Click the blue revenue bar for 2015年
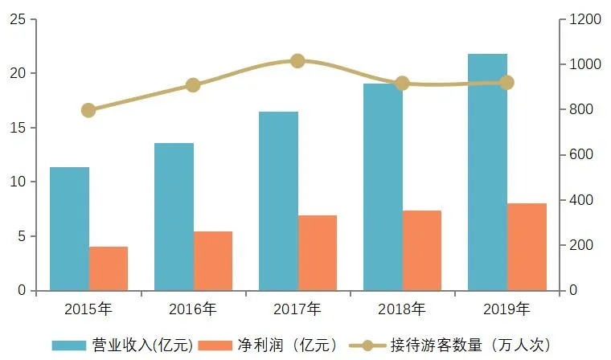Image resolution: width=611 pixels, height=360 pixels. click(69, 229)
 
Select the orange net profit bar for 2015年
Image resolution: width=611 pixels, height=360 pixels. click(109, 268)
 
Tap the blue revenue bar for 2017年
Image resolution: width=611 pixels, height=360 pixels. click(278, 201)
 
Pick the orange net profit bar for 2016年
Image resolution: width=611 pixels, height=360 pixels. click(213, 261)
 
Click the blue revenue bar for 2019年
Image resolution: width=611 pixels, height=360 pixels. click(487, 172)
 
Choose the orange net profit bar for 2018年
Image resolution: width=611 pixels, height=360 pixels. click(422, 250)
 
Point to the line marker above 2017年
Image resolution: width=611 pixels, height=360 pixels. click(297, 61)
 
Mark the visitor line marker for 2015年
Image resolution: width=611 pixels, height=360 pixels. click(88, 110)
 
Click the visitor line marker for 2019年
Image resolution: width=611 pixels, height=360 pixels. click(506, 83)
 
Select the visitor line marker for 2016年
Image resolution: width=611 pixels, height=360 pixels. click(193, 85)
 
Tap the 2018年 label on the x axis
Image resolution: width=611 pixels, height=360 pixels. click(402, 309)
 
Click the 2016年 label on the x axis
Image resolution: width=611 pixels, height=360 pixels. click(193, 309)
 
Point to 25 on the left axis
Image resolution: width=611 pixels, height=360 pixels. click(17, 19)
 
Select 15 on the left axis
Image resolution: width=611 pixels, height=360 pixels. click(17, 128)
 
